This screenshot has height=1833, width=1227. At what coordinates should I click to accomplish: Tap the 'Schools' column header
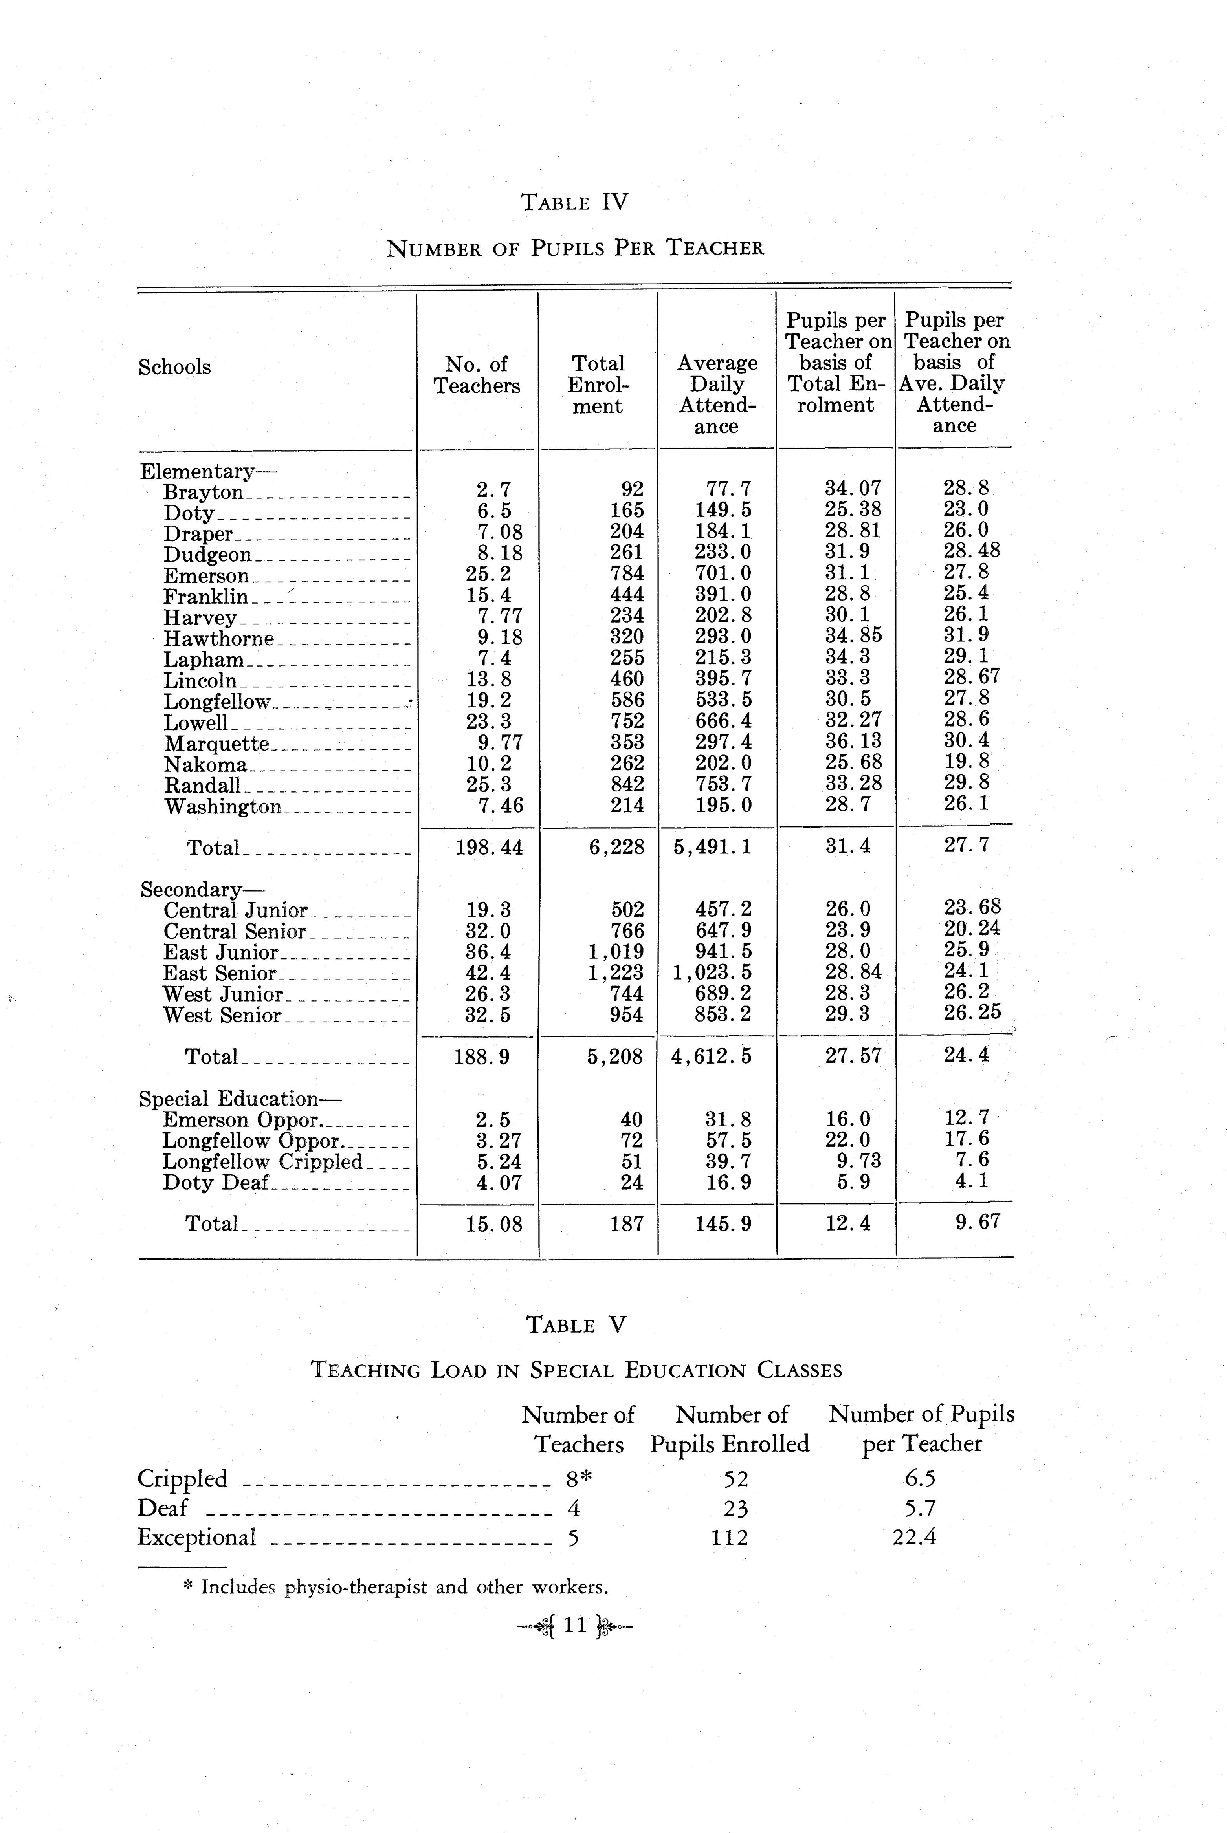pyautogui.click(x=174, y=367)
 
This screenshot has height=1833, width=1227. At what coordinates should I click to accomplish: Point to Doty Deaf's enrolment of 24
pyautogui.click(x=631, y=1182)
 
